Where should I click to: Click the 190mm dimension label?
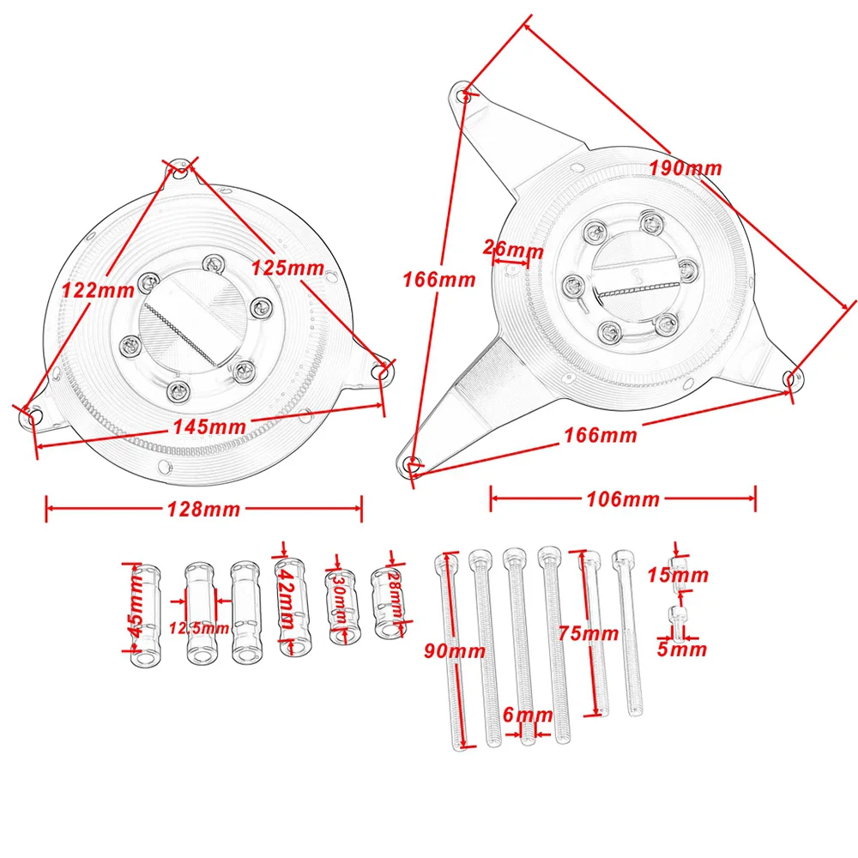point(686,168)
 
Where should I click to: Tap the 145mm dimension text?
point(209,426)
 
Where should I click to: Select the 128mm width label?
point(203,510)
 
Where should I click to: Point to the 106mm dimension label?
point(623,499)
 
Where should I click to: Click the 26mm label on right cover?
point(513,249)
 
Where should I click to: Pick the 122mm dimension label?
point(98,290)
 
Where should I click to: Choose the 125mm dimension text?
point(287,268)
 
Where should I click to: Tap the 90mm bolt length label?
point(455,651)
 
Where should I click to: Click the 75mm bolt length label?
point(589,633)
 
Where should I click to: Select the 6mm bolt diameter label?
point(528,714)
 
